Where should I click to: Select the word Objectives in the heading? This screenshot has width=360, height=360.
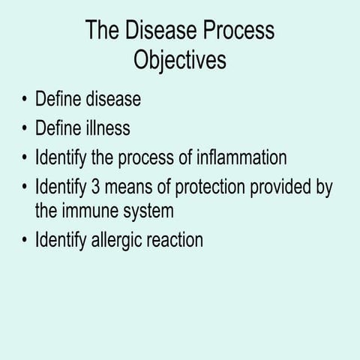point(180,60)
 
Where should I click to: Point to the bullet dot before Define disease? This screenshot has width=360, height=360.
point(25,100)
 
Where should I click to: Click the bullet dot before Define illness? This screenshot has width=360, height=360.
point(25,129)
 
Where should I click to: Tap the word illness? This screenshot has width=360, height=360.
point(106,129)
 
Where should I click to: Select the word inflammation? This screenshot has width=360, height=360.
point(241,159)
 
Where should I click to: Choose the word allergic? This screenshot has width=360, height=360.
point(123,241)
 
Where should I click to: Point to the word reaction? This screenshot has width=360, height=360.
point(177,241)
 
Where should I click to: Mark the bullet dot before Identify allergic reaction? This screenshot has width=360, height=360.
point(25,241)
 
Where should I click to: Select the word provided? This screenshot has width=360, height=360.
point(280,187)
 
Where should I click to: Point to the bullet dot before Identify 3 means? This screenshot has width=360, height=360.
point(25,188)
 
